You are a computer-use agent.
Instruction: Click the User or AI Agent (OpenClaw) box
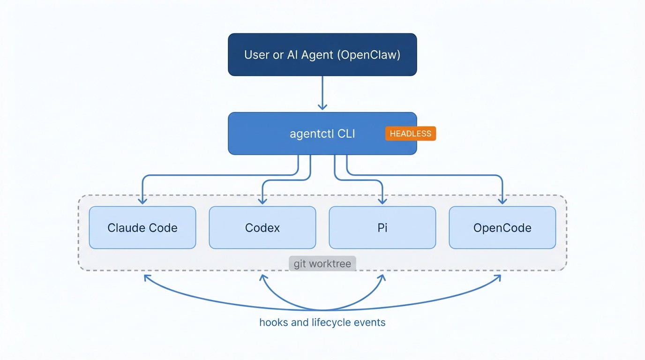tap(322, 54)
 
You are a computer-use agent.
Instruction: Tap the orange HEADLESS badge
tap(410, 134)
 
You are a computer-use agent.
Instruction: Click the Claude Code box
tap(142, 228)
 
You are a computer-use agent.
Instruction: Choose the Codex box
tap(262, 228)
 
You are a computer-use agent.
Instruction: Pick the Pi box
tap(382, 228)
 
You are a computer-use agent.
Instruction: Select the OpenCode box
tap(502, 228)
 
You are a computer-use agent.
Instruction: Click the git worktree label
tap(322, 264)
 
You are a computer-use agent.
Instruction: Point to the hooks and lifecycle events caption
tap(322, 322)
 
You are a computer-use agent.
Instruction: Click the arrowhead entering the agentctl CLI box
tap(322, 106)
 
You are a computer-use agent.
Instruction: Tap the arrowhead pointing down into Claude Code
tap(142, 201)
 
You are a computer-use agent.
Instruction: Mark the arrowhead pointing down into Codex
tap(262, 201)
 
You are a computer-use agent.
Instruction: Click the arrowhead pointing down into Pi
tap(382, 201)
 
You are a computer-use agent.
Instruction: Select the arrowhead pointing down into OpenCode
tap(502, 201)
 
